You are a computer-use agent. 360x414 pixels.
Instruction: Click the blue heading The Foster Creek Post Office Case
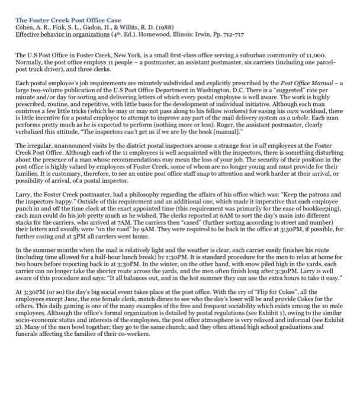tap(68, 20)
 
